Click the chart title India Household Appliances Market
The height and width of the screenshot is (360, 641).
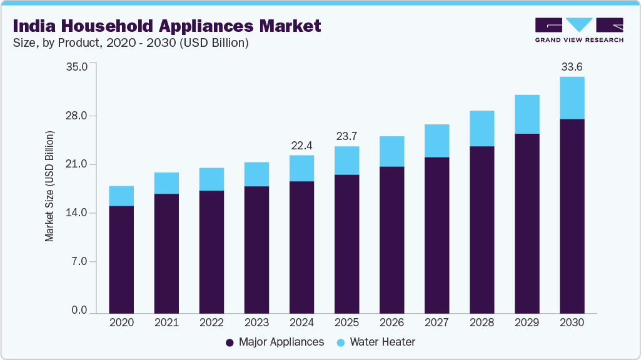tap(166, 26)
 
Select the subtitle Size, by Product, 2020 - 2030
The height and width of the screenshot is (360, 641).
tap(131, 43)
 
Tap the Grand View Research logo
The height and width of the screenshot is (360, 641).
tap(578, 29)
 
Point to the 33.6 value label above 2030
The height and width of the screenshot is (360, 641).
tap(572, 67)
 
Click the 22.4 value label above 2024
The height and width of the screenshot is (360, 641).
tap(301, 146)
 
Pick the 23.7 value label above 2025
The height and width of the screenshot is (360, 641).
tap(346, 137)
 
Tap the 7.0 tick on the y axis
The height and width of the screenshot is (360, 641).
tap(79, 261)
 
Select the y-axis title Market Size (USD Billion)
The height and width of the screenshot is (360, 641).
tap(49, 187)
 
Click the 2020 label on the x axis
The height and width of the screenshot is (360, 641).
tap(121, 323)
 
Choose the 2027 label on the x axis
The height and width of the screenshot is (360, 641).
tap(437, 323)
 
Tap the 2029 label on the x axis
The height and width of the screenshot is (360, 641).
tap(527, 323)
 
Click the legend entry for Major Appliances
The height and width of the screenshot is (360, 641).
tap(275, 342)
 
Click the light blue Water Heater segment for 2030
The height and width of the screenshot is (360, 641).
tap(572, 97)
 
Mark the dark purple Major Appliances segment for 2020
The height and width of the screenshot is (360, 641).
tap(121, 259)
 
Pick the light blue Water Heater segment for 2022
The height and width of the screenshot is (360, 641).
tap(211, 179)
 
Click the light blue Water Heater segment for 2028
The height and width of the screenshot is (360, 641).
tap(482, 128)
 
